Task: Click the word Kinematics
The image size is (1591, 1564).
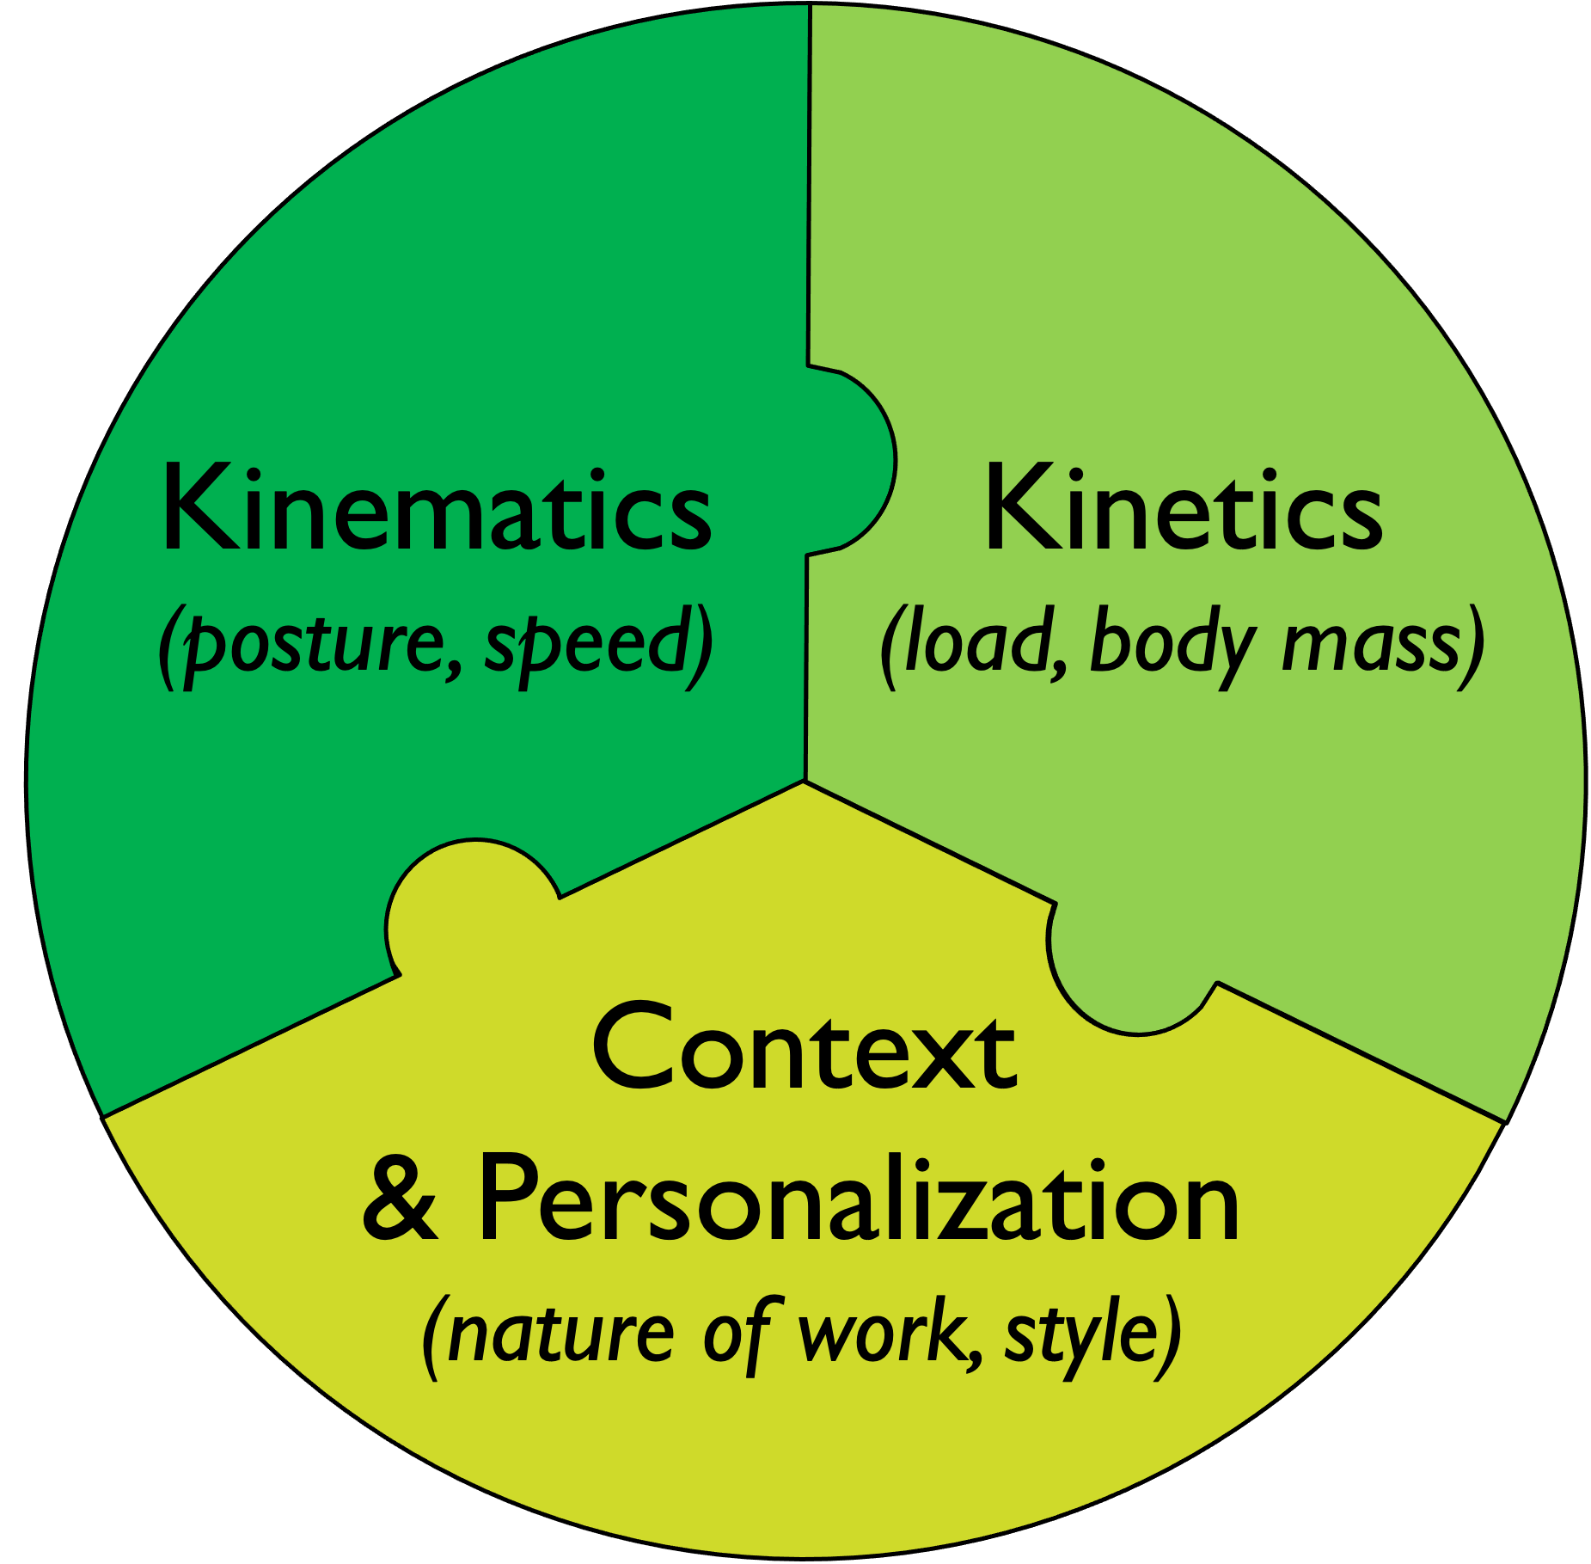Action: tap(436, 509)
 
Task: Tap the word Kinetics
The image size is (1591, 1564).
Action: tap(1183, 509)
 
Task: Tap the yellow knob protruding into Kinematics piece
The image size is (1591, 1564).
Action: tap(464, 911)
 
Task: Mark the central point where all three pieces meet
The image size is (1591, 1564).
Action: tap(805, 781)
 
